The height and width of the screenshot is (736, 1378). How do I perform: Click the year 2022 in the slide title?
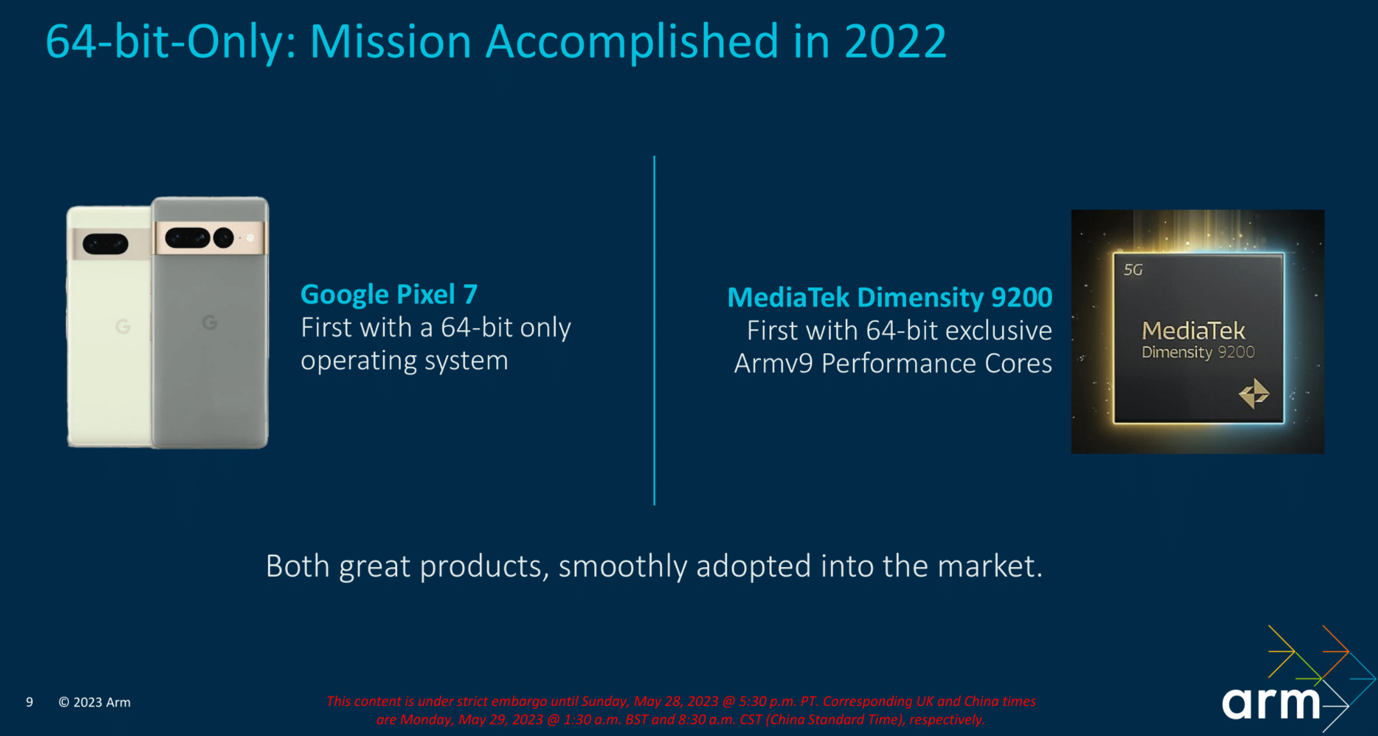click(895, 42)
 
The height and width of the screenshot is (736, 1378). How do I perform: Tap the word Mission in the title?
click(391, 42)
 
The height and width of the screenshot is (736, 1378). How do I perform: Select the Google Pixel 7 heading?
click(389, 294)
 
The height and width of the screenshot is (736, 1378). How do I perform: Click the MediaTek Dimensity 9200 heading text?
click(889, 297)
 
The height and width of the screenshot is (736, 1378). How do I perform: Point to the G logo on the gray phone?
click(210, 322)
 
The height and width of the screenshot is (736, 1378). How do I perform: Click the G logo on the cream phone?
click(123, 326)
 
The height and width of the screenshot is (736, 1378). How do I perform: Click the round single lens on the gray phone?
click(223, 237)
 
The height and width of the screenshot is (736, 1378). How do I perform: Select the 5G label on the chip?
click(1133, 270)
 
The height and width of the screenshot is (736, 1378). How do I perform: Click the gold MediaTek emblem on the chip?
click(1254, 393)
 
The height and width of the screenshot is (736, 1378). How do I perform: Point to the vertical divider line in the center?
click(654, 330)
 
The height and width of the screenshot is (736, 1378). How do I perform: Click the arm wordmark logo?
click(1271, 703)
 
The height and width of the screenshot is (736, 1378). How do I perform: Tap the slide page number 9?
click(29, 702)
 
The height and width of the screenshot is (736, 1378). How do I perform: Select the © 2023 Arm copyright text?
click(95, 702)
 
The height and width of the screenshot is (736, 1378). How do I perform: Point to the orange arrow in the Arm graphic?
click(1335, 651)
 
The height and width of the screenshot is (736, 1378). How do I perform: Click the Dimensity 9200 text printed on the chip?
click(1198, 353)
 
